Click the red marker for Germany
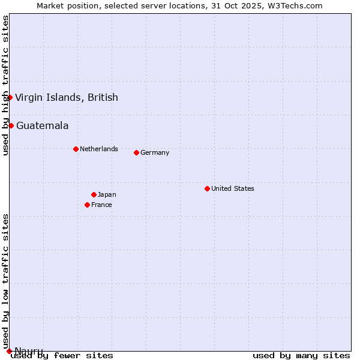pyautogui.click(x=136, y=152)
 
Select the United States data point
pyautogui.click(x=207, y=188)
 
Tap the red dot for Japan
pyautogui.click(x=94, y=194)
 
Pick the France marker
pyautogui.click(x=87, y=205)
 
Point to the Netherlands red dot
pyautogui.click(x=76, y=149)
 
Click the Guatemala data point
pyautogui.click(x=11, y=125)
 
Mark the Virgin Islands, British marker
pyautogui.click(x=10, y=97)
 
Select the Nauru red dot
pyautogui.click(x=9, y=351)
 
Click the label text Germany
pyautogui.click(x=155, y=152)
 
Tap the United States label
pyautogui.click(x=233, y=188)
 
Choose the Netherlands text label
pyautogui.click(x=99, y=149)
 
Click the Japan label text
pyautogui.click(x=107, y=194)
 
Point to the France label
pyautogui.click(x=101, y=205)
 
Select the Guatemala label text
pyautogui.click(x=42, y=125)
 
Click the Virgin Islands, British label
pyautogui.click(x=66, y=97)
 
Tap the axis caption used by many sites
pyautogui.click(x=301, y=355)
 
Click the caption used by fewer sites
pyautogui.click(x=62, y=355)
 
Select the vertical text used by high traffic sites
pyautogui.click(x=5, y=86)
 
